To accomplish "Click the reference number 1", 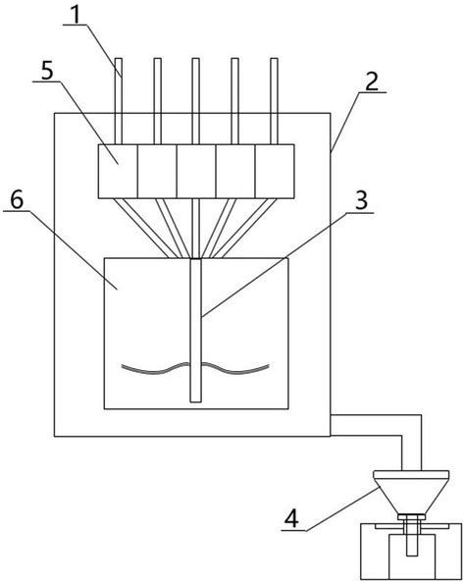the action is point(76,15).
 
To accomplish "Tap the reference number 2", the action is point(372,81).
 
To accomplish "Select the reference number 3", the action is point(361,201).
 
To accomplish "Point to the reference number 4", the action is point(291,518).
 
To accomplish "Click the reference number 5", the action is point(47,71).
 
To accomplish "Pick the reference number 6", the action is point(17,200).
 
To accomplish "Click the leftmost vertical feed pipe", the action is point(119,101).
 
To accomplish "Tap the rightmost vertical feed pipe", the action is point(274,101).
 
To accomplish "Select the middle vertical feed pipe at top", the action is point(195,101).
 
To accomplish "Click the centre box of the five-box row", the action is point(196,171).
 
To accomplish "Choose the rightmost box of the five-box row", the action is point(275,171).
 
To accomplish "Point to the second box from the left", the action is point(157,171).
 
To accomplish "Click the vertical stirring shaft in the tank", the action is point(196,330).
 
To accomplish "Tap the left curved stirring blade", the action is point(155,370).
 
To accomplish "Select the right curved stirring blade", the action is point(235,369).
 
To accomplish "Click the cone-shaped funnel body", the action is point(411,497).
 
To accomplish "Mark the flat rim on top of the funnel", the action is point(411,475).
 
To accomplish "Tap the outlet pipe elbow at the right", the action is point(412,425).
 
